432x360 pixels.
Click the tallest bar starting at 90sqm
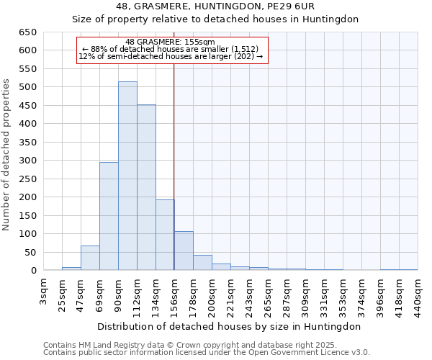[x=127, y=176]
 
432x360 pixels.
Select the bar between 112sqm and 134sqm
[x=146, y=188]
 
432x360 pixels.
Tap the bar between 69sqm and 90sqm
[x=109, y=216]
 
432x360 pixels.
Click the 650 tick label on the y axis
[x=27, y=32]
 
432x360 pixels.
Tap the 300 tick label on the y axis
[x=27, y=161]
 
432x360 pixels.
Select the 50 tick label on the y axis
[x=30, y=253]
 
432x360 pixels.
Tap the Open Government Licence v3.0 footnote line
[x=207, y=353]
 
